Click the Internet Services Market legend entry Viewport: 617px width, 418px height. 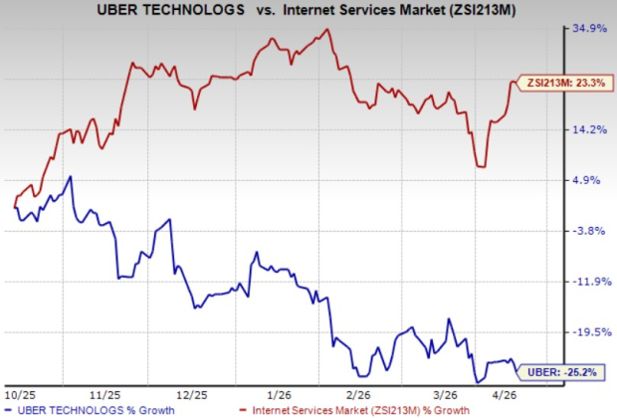point(367,409)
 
